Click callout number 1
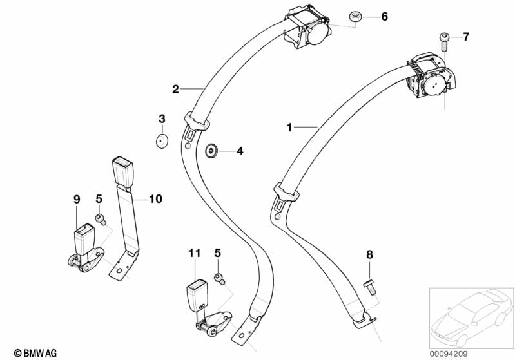point(289,128)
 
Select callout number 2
point(175,89)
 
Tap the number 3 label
point(162,118)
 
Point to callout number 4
point(240,152)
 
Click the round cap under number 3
point(161,140)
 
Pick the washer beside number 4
point(211,151)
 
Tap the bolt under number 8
point(369,285)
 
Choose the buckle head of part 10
point(121,172)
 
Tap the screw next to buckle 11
point(219,278)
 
